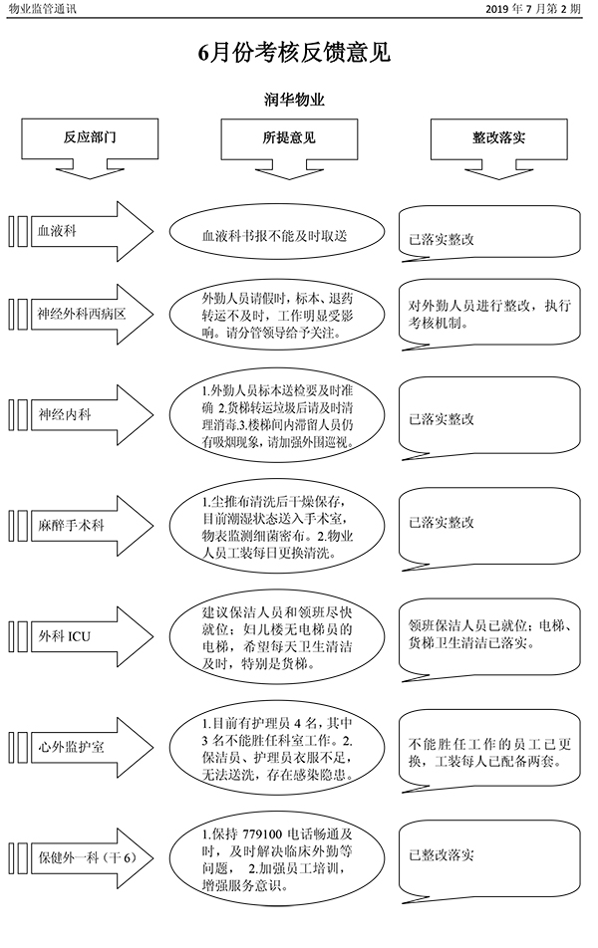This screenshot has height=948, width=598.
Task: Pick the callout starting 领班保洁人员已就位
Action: (488, 635)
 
